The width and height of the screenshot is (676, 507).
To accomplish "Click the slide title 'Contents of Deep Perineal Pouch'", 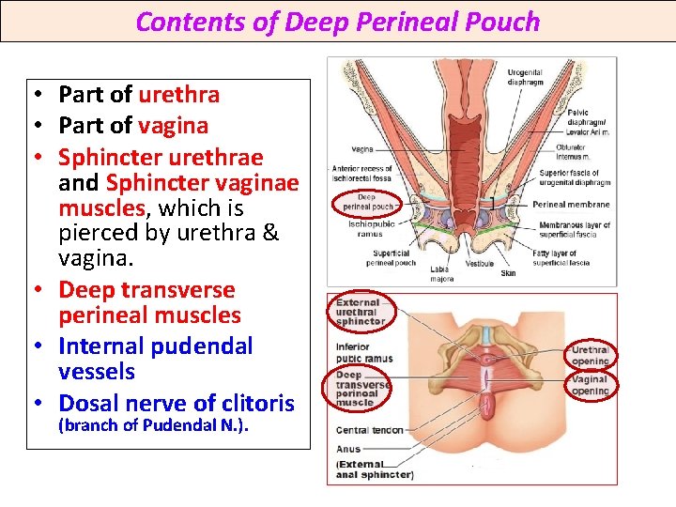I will point(338,22).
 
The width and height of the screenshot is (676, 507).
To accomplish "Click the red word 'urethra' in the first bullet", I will point(178,94).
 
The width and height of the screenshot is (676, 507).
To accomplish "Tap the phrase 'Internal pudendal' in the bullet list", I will point(156,346).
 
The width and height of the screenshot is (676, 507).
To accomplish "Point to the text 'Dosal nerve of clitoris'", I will point(177,404).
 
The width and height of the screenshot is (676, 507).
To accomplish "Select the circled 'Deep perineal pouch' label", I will point(368,201).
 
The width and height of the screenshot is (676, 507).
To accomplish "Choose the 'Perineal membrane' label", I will point(571,204).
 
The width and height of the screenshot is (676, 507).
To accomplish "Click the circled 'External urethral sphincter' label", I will point(361,312).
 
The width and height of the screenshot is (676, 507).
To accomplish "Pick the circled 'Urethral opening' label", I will point(590,355).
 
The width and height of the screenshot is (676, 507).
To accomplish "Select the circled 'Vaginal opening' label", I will point(590,385).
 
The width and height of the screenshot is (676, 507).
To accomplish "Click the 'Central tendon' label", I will point(369,430).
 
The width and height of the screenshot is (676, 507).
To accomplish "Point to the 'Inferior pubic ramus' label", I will point(364,352).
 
